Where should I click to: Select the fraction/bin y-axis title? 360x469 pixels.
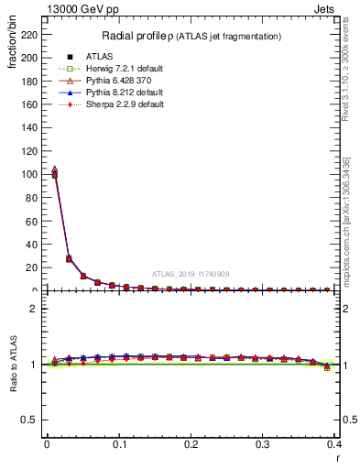pos(11,56)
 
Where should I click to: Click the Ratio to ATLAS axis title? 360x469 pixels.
pos(12,365)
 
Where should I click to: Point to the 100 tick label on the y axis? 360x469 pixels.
pos(32,174)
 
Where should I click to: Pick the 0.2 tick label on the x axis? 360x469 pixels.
pos(191,444)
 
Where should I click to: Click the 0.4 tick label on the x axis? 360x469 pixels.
pos(335,444)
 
